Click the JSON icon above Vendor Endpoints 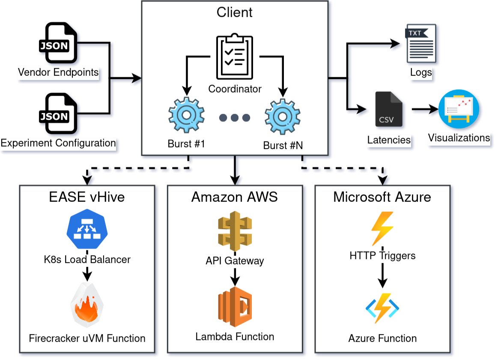pos(57,43)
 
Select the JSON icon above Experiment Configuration pos(57,114)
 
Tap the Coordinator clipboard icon pos(234,57)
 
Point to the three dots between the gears pos(234,118)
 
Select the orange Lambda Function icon pos(234,306)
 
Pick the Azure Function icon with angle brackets pos(382,308)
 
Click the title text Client pos(235,12)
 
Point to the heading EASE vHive pos(87,197)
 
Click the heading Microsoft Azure pos(382,197)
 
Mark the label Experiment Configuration pos(58,143)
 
